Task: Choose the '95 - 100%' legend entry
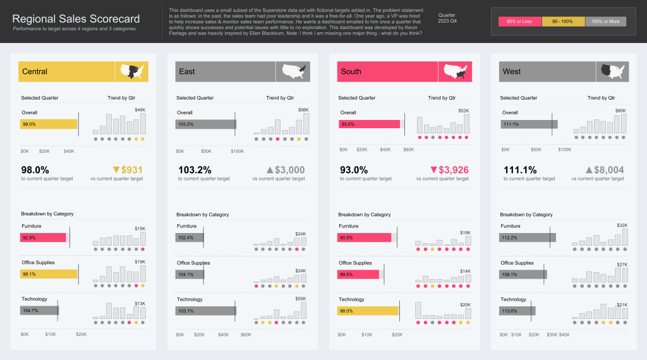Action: coord(563,21)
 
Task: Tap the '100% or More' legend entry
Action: coord(605,21)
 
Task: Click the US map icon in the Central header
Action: coord(131,71)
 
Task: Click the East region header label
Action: coord(187,71)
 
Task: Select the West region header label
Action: coord(512,71)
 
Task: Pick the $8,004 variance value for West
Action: coord(609,170)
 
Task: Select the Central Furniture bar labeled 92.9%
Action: coord(43,237)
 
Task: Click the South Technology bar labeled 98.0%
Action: coord(368,311)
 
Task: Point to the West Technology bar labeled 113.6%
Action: coord(517,311)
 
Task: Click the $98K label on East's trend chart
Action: coord(303,110)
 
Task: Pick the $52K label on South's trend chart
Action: coord(464,111)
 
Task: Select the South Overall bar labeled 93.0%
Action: coord(368,124)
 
